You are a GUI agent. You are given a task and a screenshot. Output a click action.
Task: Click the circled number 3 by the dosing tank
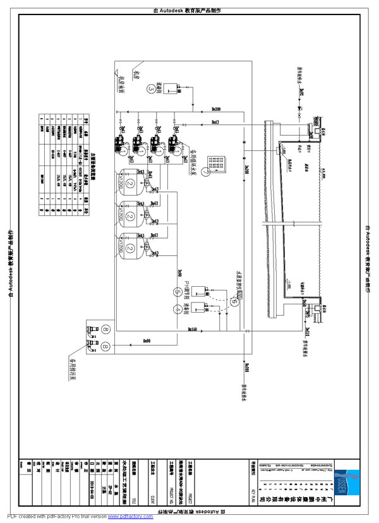tap(150, 89)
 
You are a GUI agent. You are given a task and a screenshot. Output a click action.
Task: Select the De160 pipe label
tap(193, 329)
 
